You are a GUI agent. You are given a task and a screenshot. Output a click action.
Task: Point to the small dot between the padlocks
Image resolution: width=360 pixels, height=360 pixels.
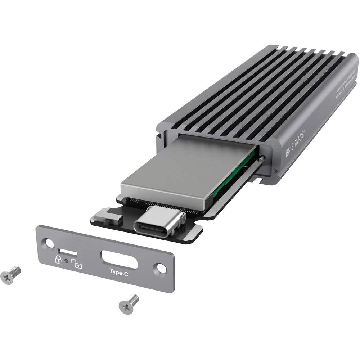67,260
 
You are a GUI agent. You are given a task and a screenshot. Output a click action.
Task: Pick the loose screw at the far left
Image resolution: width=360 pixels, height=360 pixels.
10,274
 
